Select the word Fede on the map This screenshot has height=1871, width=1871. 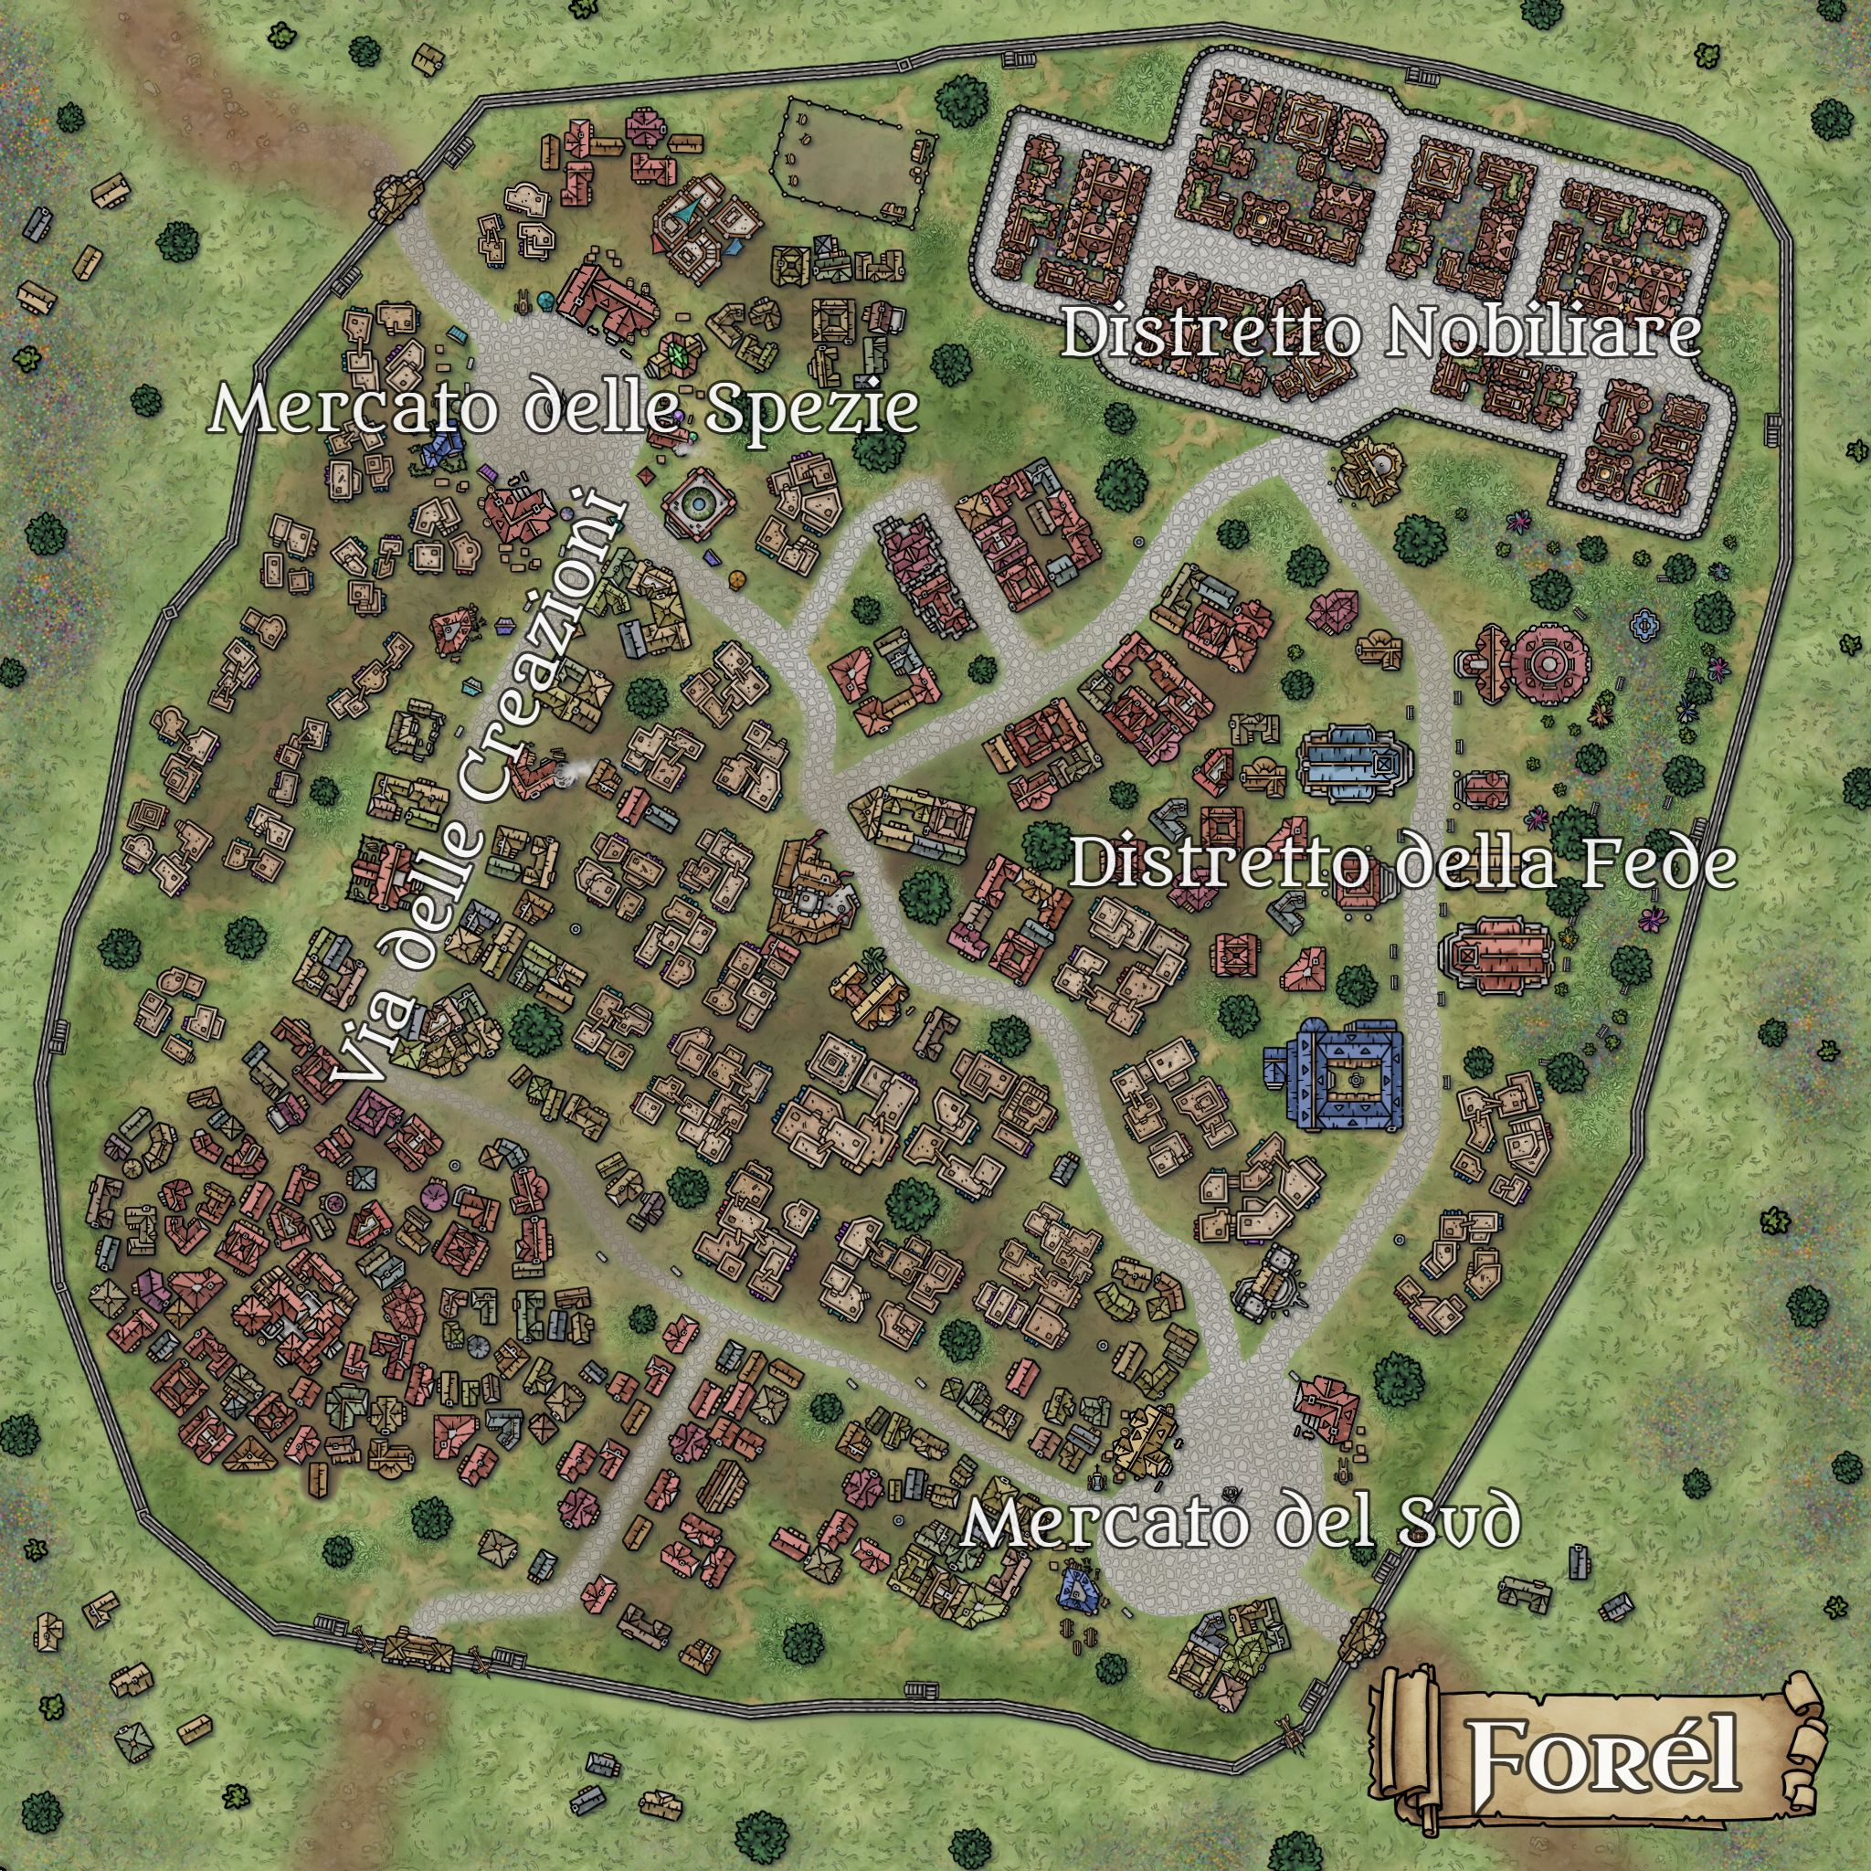[x=1644, y=864]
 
